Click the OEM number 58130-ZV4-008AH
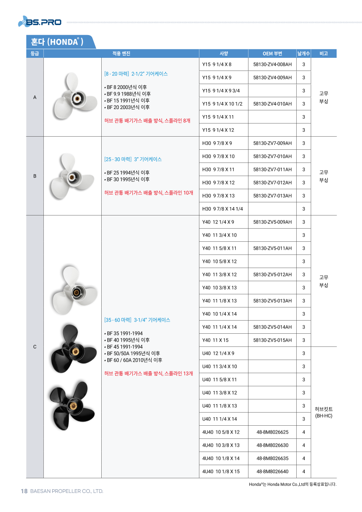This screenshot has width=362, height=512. pyautogui.click(x=272, y=64)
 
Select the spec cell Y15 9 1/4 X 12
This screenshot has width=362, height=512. pyautogui.click(x=218, y=130)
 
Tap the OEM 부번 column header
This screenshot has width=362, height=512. pyautogui.click(x=272, y=53)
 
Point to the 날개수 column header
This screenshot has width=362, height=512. pyautogui.click(x=303, y=53)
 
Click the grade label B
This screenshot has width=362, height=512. pyautogui.click(x=35, y=176)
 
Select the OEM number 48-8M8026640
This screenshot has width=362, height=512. pyautogui.click(x=272, y=472)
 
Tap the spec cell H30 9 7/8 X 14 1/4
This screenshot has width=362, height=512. pyautogui.click(x=223, y=209)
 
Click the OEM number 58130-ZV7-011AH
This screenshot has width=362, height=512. pyautogui.click(x=272, y=169)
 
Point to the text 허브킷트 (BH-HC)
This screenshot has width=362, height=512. pyautogui.click(x=323, y=412)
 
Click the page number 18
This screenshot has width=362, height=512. pyautogui.click(x=25, y=491)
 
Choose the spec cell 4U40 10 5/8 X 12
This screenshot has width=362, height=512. pyautogui.click(x=221, y=432)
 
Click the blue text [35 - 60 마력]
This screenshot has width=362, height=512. pyautogui.click(x=118, y=320)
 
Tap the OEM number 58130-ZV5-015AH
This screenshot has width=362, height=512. pyautogui.click(x=272, y=340)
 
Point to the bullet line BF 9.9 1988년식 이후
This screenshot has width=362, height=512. pyautogui.click(x=128, y=94)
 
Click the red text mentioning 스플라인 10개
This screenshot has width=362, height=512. pyautogui.click(x=149, y=192)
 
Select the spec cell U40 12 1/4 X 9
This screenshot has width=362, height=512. pyautogui.click(x=218, y=353)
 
